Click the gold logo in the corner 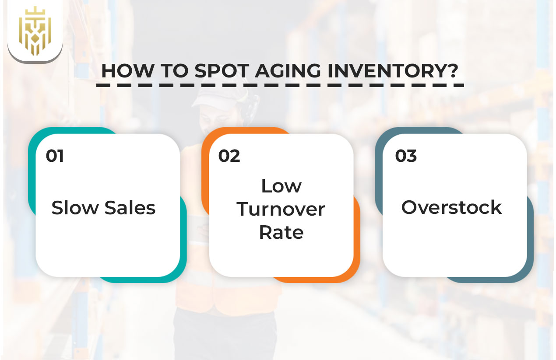tap(35, 30)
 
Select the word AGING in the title tap(287, 70)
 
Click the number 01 tap(55, 156)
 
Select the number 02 tap(229, 156)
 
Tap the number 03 tap(406, 156)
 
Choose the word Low tap(281, 186)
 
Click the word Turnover tap(281, 209)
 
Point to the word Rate tap(281, 232)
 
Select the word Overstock tap(451, 207)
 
